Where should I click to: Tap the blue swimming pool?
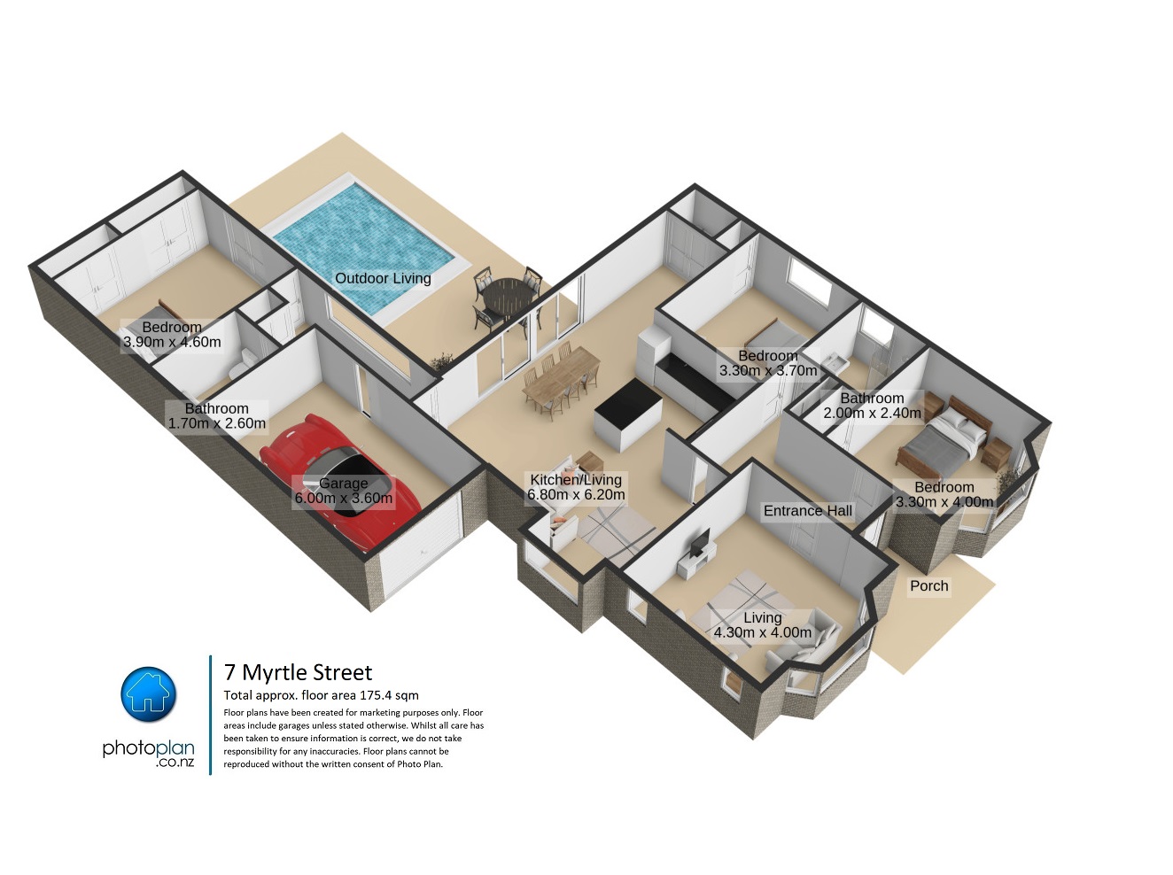point(363,251)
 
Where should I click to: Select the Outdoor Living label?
point(383,278)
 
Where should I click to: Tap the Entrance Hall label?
point(807,511)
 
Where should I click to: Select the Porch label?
point(928,585)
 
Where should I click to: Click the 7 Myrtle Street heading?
point(299,672)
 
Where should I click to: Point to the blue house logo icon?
point(149,694)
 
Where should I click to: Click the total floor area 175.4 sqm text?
point(322,695)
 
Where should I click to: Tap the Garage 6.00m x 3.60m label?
point(343,491)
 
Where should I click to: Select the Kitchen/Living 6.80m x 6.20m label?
point(576,487)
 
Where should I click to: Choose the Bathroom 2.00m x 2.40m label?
point(872,406)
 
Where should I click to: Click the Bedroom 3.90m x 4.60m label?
point(172,335)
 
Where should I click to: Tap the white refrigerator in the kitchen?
point(653,354)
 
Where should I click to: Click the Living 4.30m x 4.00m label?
point(763,625)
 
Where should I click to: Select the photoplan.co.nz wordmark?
point(149,753)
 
